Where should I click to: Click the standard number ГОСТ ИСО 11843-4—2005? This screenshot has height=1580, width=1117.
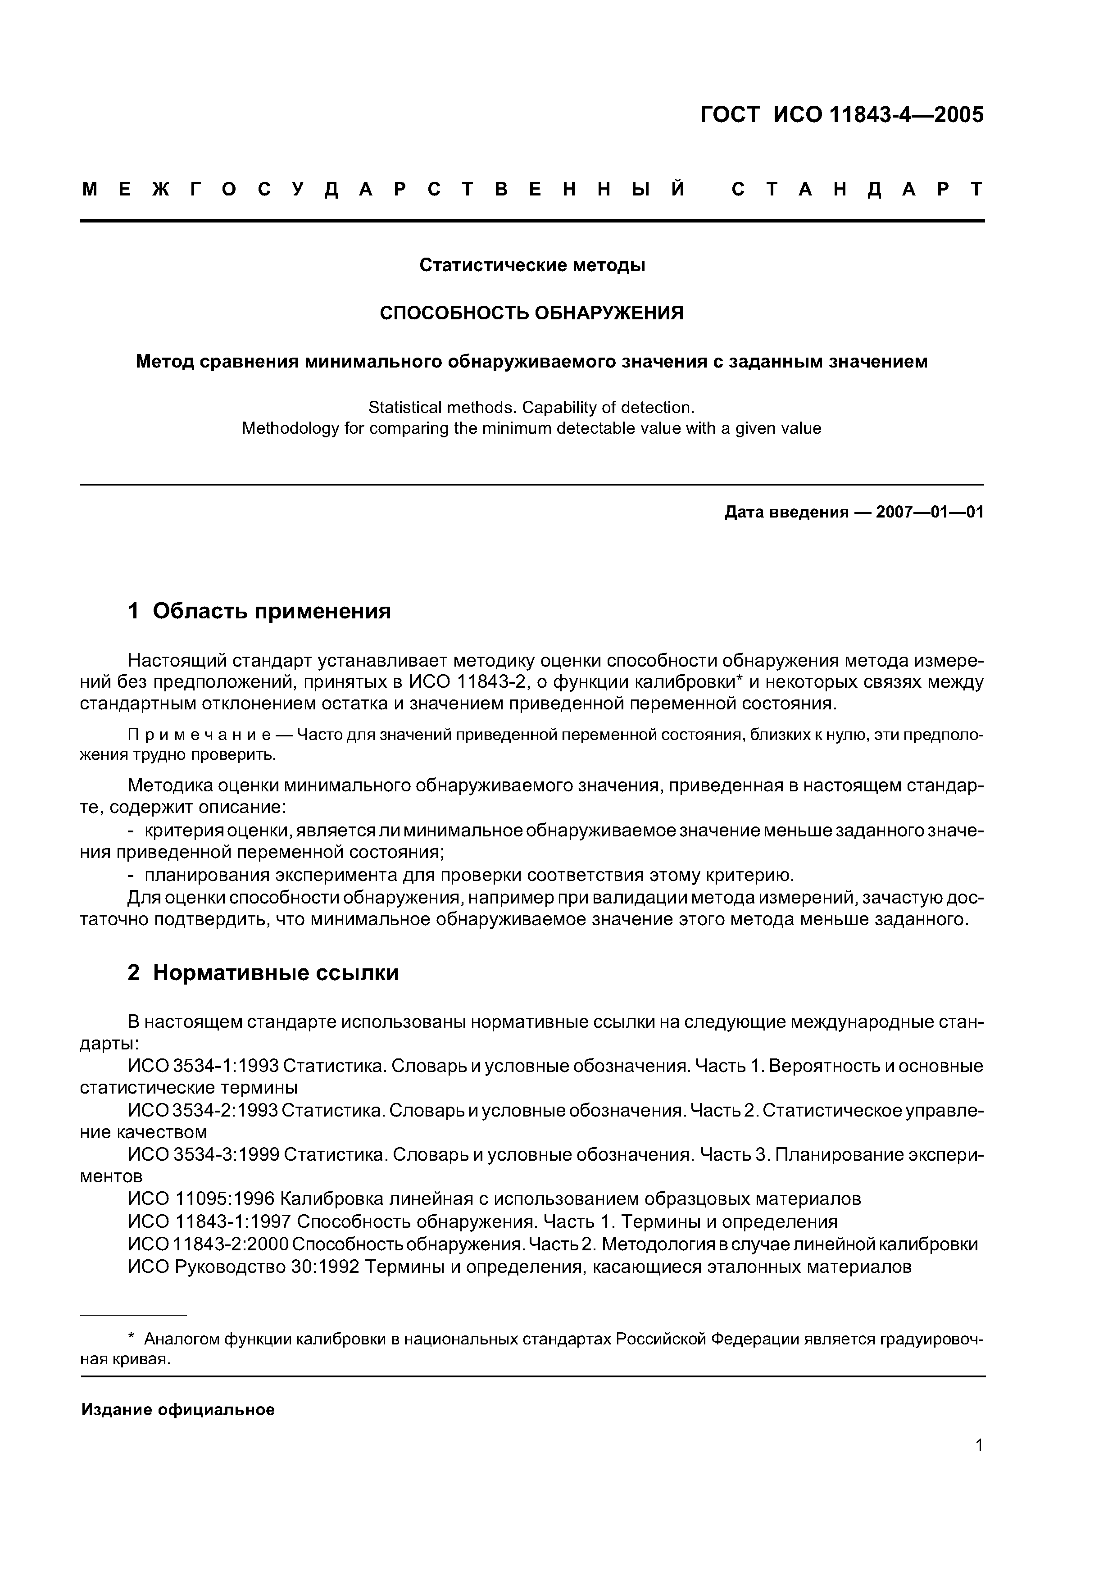[x=842, y=114]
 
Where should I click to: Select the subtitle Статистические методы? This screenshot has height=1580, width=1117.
[x=532, y=265]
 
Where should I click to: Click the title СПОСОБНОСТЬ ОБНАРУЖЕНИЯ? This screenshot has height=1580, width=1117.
[x=532, y=313]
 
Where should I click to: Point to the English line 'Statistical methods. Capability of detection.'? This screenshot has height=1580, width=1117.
[x=532, y=408]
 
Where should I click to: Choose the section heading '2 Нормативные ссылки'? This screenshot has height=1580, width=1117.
[x=263, y=972]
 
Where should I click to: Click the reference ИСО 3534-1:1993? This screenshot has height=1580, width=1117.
[x=203, y=1066]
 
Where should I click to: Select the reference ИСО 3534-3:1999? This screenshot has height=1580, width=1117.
[x=203, y=1154]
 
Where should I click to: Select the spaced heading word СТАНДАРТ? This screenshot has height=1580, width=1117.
[x=857, y=189]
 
